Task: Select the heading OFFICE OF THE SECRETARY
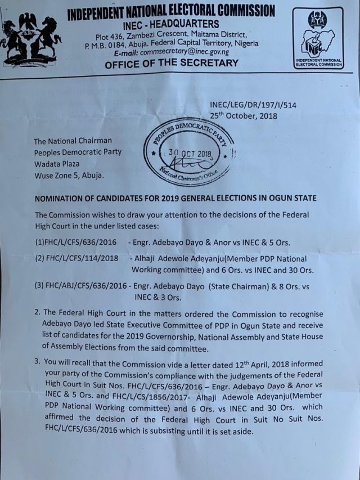tap(172, 64)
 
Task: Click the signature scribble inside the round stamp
tap(188, 163)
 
